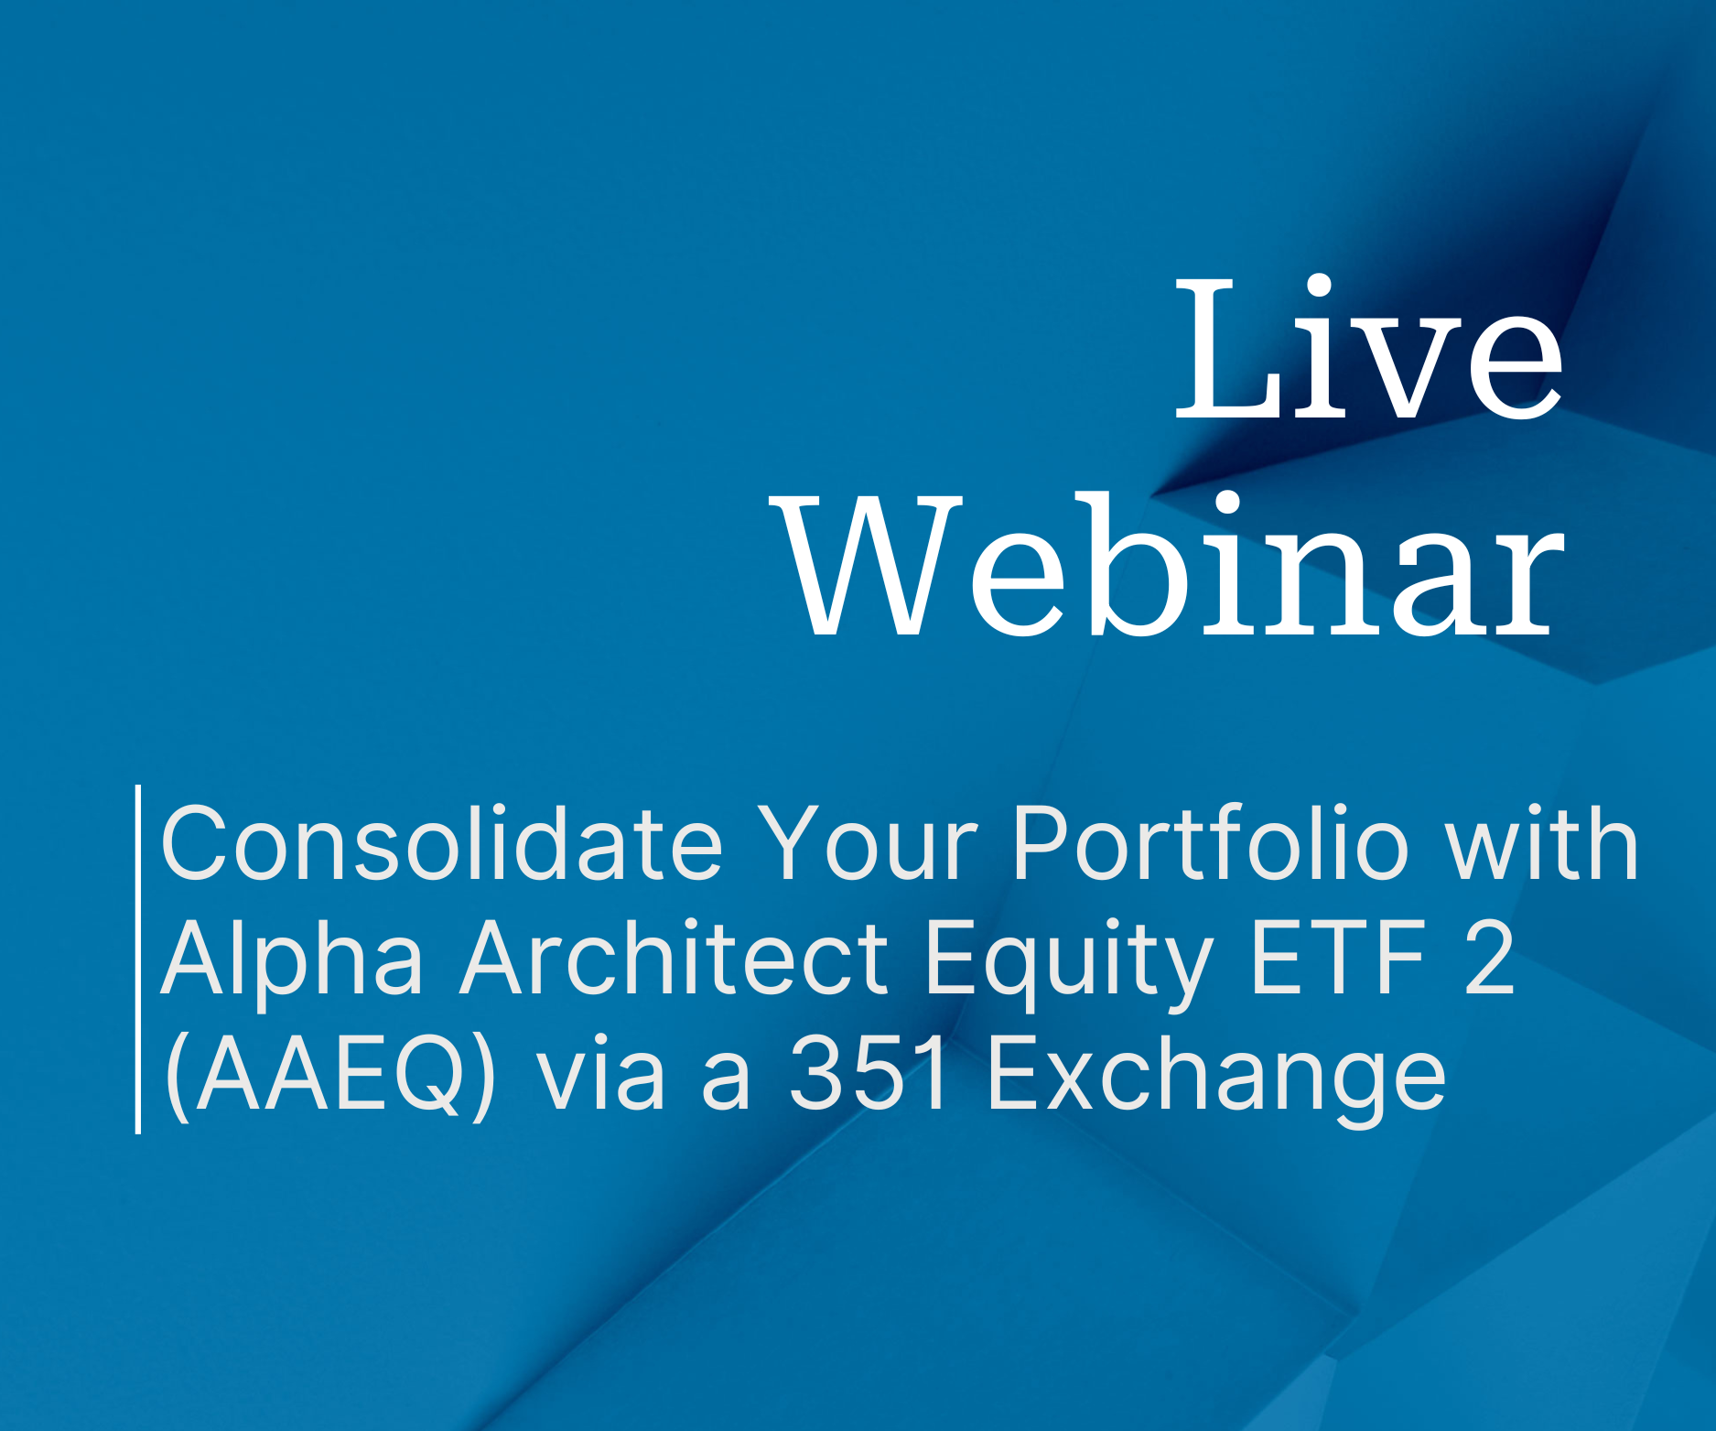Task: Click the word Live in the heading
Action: [1369, 349]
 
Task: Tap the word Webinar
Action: [1168, 564]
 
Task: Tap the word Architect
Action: [675, 958]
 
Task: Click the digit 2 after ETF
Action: [1489, 958]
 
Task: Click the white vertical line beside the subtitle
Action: [138, 959]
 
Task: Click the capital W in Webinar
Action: [866, 564]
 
